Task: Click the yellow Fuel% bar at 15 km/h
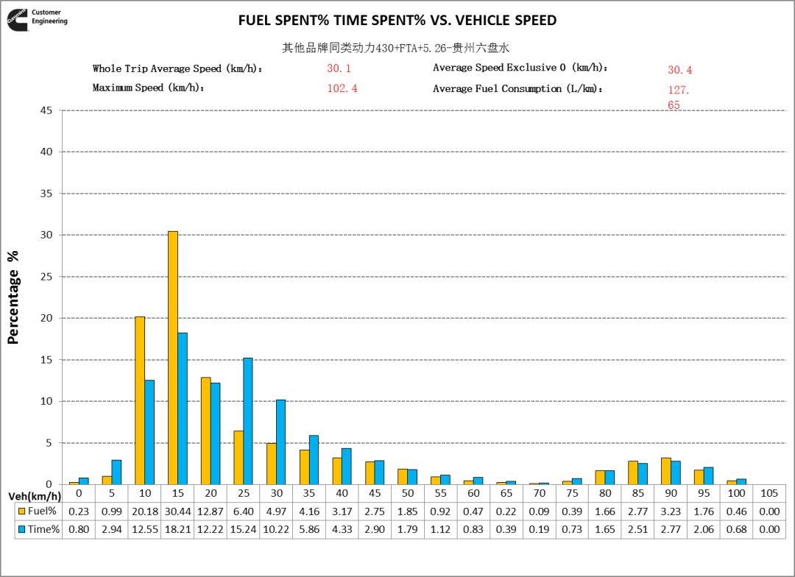172,358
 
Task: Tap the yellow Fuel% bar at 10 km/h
140,400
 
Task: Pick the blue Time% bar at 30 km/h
280,442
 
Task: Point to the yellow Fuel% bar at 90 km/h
666,471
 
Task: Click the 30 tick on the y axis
49,235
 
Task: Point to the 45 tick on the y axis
49,110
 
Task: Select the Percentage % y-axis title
13,297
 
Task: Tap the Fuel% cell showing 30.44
177,511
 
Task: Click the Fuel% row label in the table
38,511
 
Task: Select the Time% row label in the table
38,530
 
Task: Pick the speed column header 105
769,492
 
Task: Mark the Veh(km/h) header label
34,497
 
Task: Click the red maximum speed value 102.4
342,88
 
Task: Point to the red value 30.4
679,70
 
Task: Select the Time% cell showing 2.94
111,530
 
